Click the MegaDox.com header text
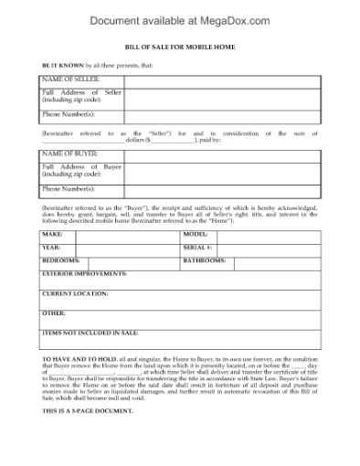pyautogui.click(x=179, y=16)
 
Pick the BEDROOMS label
pyautogui.click(x=60, y=260)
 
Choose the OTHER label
pyautogui.click(x=54, y=312)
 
